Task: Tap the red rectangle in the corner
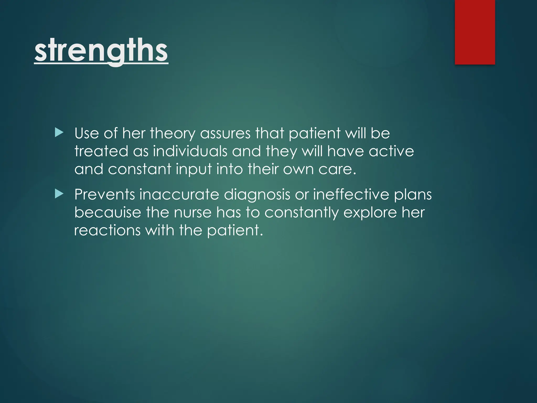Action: [475, 32]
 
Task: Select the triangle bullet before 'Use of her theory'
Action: [59, 133]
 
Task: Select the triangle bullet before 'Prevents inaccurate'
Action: [59, 194]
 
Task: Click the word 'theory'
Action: [173, 134]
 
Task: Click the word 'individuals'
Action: [190, 151]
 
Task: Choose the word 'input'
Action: [194, 169]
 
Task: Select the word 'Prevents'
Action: [105, 194]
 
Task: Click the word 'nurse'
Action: [193, 213]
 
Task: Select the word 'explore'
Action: [370, 213]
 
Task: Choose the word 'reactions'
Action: [108, 230]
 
